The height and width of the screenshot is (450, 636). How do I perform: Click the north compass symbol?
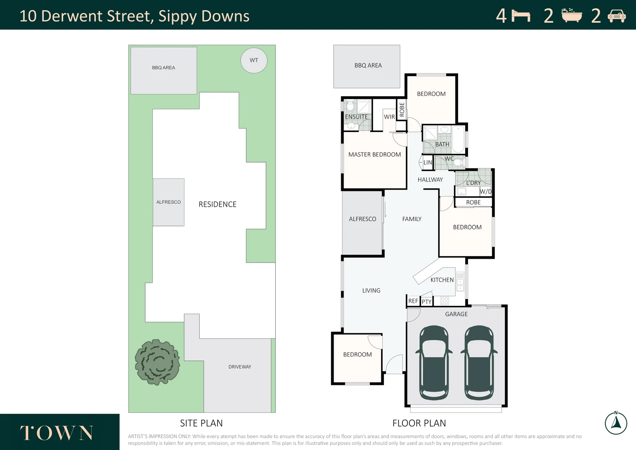point(616,423)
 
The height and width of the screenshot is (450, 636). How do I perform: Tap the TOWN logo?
point(57,433)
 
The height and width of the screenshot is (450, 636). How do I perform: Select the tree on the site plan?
point(157,362)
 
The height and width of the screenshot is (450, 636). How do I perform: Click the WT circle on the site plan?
point(254,60)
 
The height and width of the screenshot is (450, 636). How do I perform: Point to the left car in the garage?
point(434,362)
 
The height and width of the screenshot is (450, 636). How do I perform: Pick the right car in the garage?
point(479,362)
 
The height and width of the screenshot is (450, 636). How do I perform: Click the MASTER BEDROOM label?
point(374,155)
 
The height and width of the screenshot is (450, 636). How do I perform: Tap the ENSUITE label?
point(356,117)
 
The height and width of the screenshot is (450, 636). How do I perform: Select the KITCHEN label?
point(442,280)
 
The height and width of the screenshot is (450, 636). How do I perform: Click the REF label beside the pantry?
point(413,301)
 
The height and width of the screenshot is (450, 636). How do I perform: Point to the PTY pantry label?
point(426,302)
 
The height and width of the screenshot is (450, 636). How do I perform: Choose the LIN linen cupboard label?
point(428,162)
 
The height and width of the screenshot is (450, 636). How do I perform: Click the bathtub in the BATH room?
point(458,139)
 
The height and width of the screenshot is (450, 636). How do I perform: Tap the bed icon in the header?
point(521,16)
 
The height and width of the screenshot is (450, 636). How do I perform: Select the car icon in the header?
point(616,16)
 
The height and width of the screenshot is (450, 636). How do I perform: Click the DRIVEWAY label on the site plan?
point(239,367)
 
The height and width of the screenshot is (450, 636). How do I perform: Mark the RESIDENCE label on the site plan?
point(217,204)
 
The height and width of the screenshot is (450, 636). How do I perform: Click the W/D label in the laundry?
point(486,192)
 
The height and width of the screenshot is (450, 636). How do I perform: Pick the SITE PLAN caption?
point(201,423)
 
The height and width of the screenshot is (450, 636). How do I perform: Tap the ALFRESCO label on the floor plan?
point(362,219)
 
